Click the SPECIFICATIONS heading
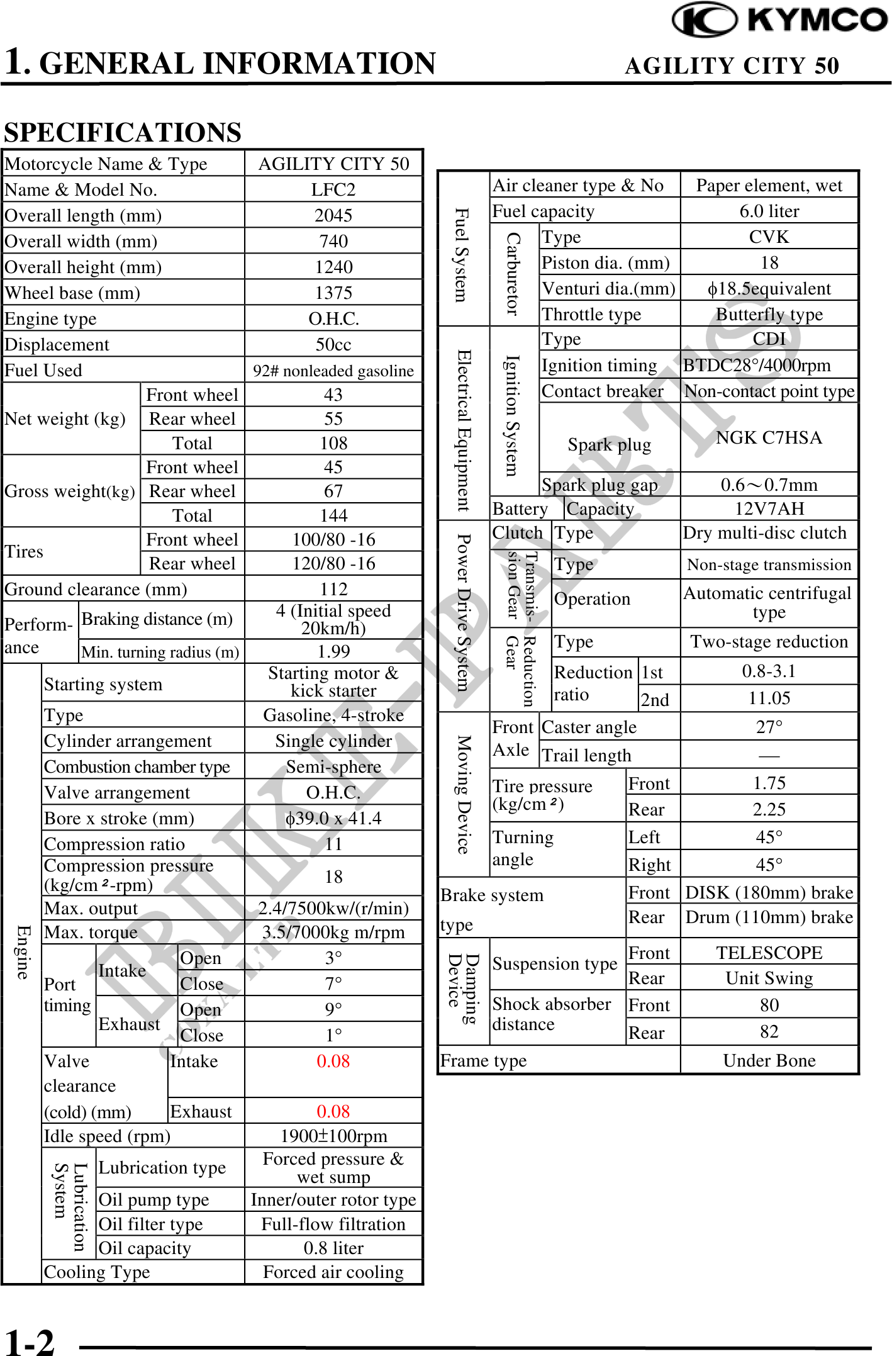(123, 133)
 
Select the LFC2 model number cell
(333, 189)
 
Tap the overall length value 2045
(333, 215)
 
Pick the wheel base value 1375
(333, 293)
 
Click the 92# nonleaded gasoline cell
(333, 371)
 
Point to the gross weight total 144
(333, 515)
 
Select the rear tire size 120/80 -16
(333, 563)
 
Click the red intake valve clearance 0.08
(333, 1062)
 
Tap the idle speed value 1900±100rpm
(333, 1136)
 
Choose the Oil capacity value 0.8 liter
(333, 1248)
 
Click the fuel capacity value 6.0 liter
(769, 211)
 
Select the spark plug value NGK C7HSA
(769, 437)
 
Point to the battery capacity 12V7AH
(769, 508)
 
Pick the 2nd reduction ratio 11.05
(769, 698)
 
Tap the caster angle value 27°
(769, 727)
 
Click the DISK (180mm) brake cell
(769, 892)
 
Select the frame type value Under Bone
(769, 1060)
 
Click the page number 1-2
(30, 1341)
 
